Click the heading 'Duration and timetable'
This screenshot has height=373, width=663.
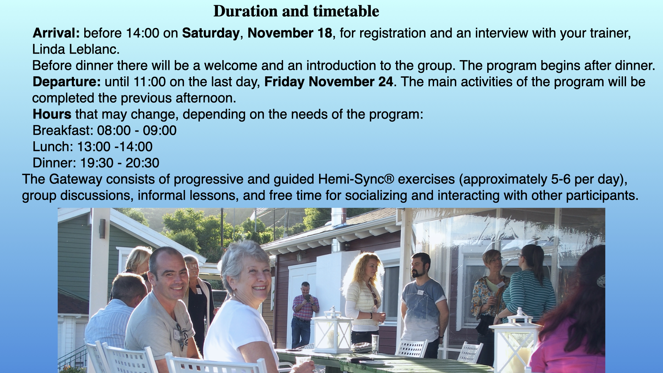296,11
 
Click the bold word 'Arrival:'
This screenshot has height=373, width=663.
56,33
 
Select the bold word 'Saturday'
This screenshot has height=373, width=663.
211,34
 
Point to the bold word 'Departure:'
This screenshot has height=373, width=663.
67,82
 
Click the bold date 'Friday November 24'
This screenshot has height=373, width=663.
329,82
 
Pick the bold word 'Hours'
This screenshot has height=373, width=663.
52,114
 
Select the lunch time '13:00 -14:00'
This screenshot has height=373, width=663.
115,147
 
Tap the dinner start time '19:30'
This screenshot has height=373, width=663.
97,163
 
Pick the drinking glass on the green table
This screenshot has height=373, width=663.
375,344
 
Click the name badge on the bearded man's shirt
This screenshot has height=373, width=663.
420,292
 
